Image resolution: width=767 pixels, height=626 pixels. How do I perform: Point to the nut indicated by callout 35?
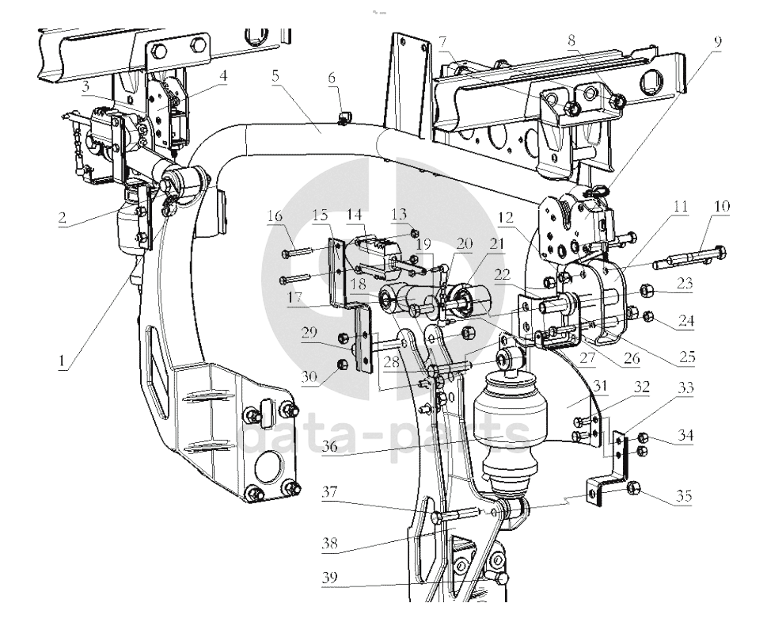tap(633, 489)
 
